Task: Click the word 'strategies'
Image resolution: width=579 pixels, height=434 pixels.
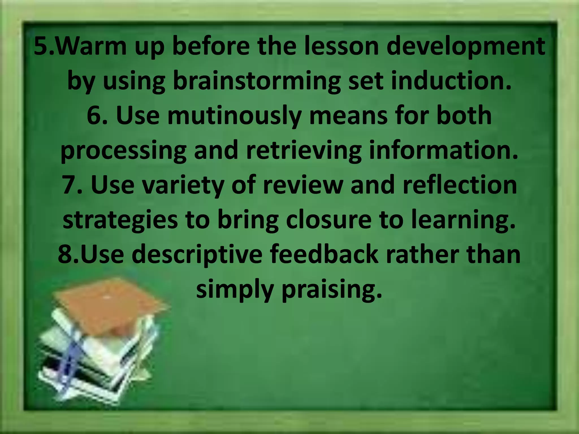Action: (x=120, y=220)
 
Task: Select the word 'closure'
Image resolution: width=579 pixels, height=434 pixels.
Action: (x=328, y=220)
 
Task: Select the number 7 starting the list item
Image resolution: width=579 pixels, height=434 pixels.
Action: (x=69, y=185)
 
